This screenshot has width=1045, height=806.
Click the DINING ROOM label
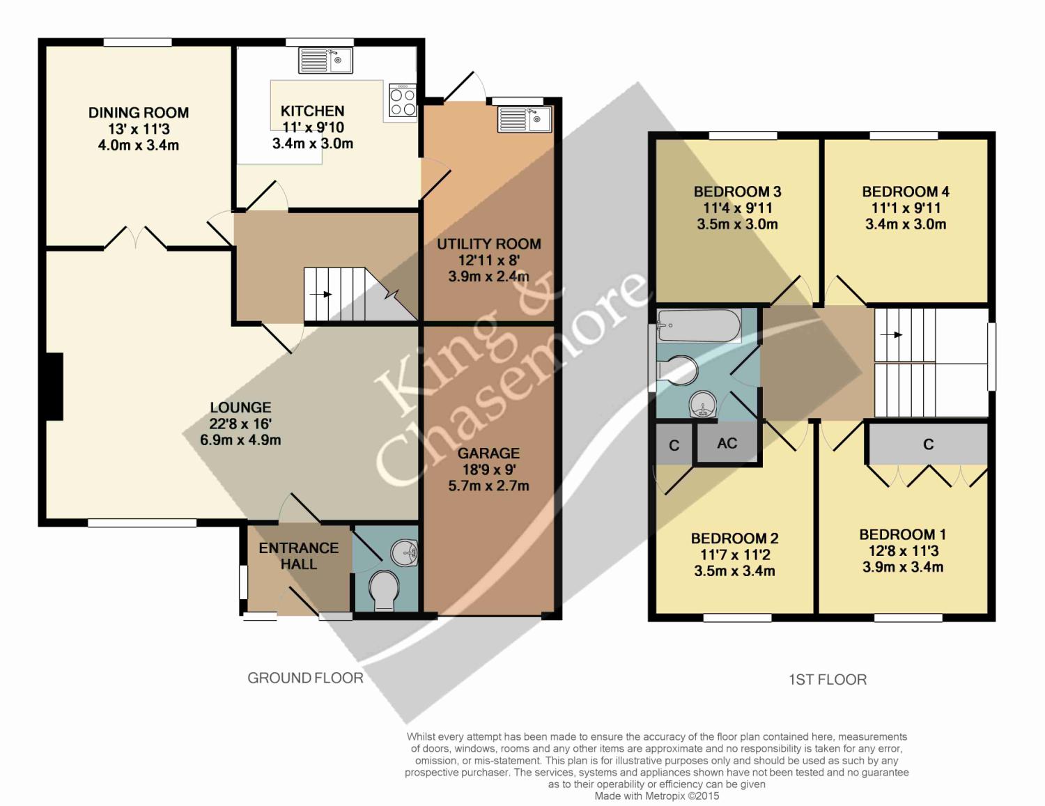[x=139, y=113]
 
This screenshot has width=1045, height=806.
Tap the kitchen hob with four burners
[x=403, y=101]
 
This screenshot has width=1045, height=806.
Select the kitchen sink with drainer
[x=325, y=60]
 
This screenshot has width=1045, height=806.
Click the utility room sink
[x=525, y=119]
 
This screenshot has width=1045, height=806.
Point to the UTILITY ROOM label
[x=488, y=245]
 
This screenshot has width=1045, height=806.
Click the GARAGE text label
[x=488, y=454]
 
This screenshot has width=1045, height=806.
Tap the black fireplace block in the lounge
[x=54, y=387]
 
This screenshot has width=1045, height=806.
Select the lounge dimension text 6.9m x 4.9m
[x=240, y=440]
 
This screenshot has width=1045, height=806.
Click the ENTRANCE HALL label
[x=299, y=556]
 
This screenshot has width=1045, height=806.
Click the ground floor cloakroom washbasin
[x=404, y=553]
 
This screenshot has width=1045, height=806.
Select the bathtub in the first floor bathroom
[x=699, y=325]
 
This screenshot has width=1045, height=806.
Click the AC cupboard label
[x=727, y=443]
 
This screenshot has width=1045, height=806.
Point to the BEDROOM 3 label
[x=737, y=192]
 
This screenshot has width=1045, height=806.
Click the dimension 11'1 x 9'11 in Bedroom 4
[x=906, y=208]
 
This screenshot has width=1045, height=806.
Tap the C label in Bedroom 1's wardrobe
[x=928, y=444]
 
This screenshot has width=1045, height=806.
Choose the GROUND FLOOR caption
[x=305, y=678]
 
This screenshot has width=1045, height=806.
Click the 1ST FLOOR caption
[x=828, y=679]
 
